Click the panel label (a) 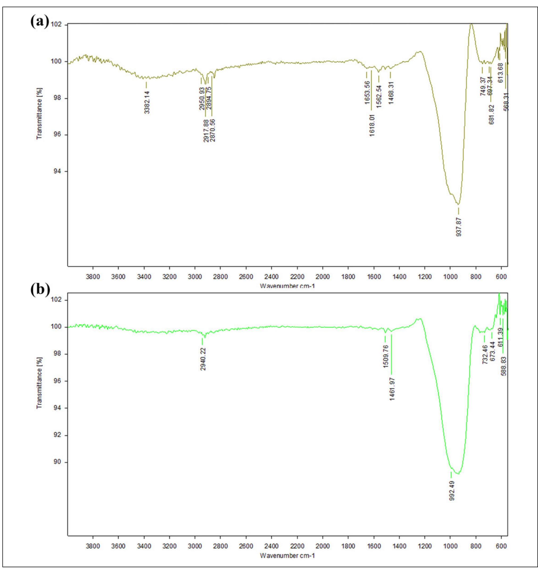(40, 22)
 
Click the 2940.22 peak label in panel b (203, 359)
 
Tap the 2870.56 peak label (212, 130)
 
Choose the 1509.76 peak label (386, 357)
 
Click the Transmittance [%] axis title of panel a (39, 114)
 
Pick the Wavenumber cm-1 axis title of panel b (287, 555)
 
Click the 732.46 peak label (485, 354)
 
